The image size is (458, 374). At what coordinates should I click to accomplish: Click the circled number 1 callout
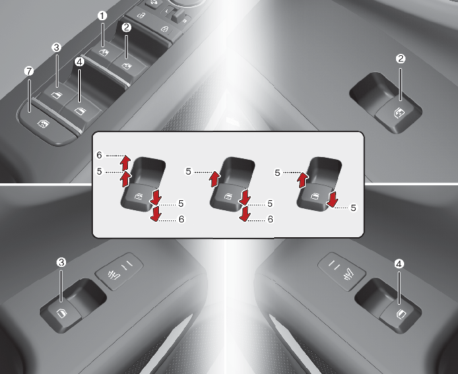click(102, 15)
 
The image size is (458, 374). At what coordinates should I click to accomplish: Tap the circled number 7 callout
click(29, 71)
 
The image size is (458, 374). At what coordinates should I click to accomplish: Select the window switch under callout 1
click(104, 53)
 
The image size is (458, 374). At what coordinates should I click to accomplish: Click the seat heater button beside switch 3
click(119, 271)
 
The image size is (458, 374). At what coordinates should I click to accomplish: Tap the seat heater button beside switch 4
click(341, 271)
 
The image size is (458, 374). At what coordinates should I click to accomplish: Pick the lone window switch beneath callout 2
click(398, 115)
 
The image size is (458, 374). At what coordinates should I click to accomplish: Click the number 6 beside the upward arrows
click(99, 155)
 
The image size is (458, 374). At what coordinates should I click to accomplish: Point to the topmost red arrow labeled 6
click(125, 162)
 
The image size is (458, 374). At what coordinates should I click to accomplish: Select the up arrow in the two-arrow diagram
click(302, 180)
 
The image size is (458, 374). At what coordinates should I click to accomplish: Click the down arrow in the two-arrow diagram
click(332, 199)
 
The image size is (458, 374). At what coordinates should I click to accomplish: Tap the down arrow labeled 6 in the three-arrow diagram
click(244, 214)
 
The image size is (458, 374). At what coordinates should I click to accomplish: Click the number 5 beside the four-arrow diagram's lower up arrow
click(99, 171)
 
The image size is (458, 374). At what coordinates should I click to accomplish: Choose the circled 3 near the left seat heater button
click(61, 262)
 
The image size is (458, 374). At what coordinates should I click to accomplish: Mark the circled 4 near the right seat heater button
click(399, 264)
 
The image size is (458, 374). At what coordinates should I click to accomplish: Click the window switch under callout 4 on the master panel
click(82, 110)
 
